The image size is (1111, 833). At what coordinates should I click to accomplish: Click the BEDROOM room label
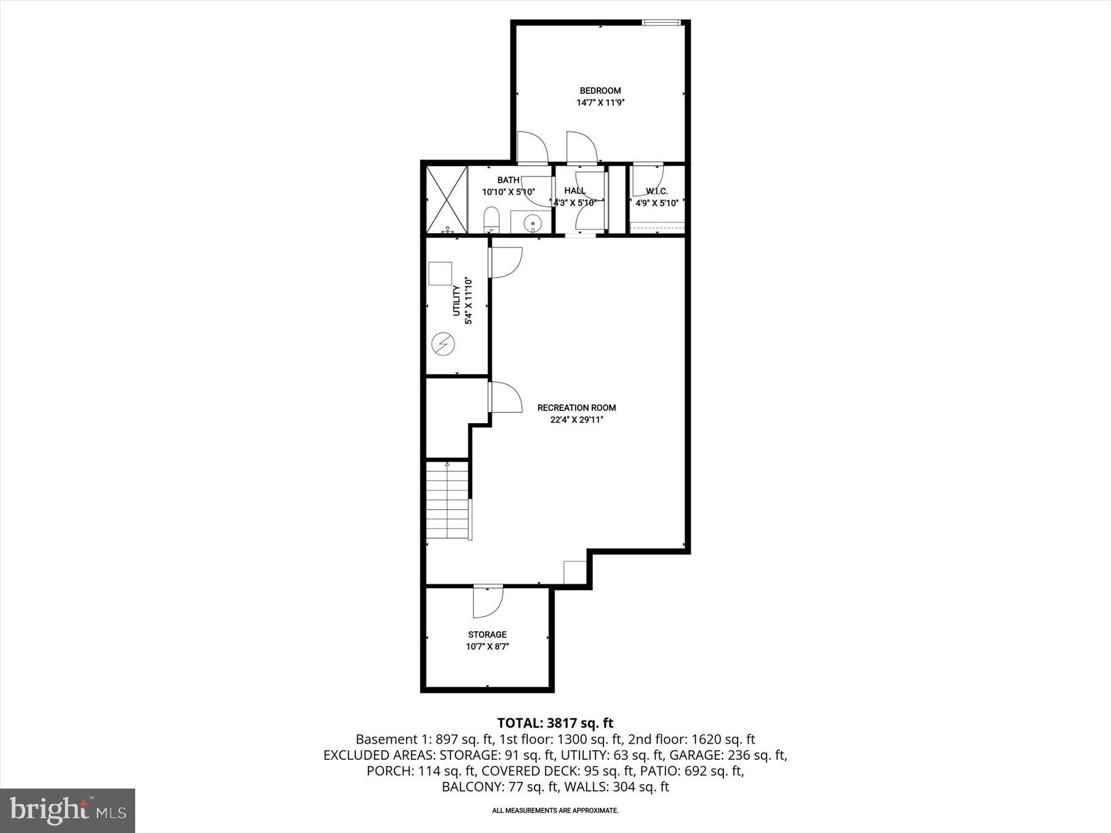tap(600, 91)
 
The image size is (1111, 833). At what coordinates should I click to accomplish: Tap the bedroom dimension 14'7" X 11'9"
tap(600, 103)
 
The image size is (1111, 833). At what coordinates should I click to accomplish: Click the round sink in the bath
tap(531, 222)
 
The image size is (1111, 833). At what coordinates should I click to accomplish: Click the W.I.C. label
tap(657, 191)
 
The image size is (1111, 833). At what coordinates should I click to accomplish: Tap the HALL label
tap(575, 191)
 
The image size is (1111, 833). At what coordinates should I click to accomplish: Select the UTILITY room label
tap(456, 300)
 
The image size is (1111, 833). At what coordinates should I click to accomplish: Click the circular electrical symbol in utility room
tap(443, 344)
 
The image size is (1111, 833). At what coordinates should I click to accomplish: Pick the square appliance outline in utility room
tap(440, 273)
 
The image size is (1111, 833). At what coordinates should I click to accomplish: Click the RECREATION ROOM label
tap(576, 408)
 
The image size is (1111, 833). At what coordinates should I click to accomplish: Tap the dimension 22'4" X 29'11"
tap(576, 420)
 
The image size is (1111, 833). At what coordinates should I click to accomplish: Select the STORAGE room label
tap(487, 634)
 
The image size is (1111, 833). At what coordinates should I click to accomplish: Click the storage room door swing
tap(488, 602)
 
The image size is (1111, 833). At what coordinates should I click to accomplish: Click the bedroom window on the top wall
tap(661, 23)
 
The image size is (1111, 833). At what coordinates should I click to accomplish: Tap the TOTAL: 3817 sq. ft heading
tap(555, 723)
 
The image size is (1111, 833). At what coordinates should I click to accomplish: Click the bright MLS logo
tap(67, 810)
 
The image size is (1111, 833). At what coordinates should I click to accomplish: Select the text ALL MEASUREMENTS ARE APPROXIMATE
tap(555, 810)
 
